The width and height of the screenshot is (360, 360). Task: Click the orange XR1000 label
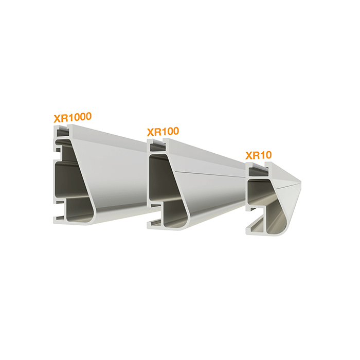[73, 117]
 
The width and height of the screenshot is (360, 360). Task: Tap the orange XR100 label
[163, 132]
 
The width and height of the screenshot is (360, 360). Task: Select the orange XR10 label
[259, 155]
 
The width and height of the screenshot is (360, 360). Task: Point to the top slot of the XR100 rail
[157, 147]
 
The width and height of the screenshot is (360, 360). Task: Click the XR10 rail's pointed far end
[300, 183]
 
